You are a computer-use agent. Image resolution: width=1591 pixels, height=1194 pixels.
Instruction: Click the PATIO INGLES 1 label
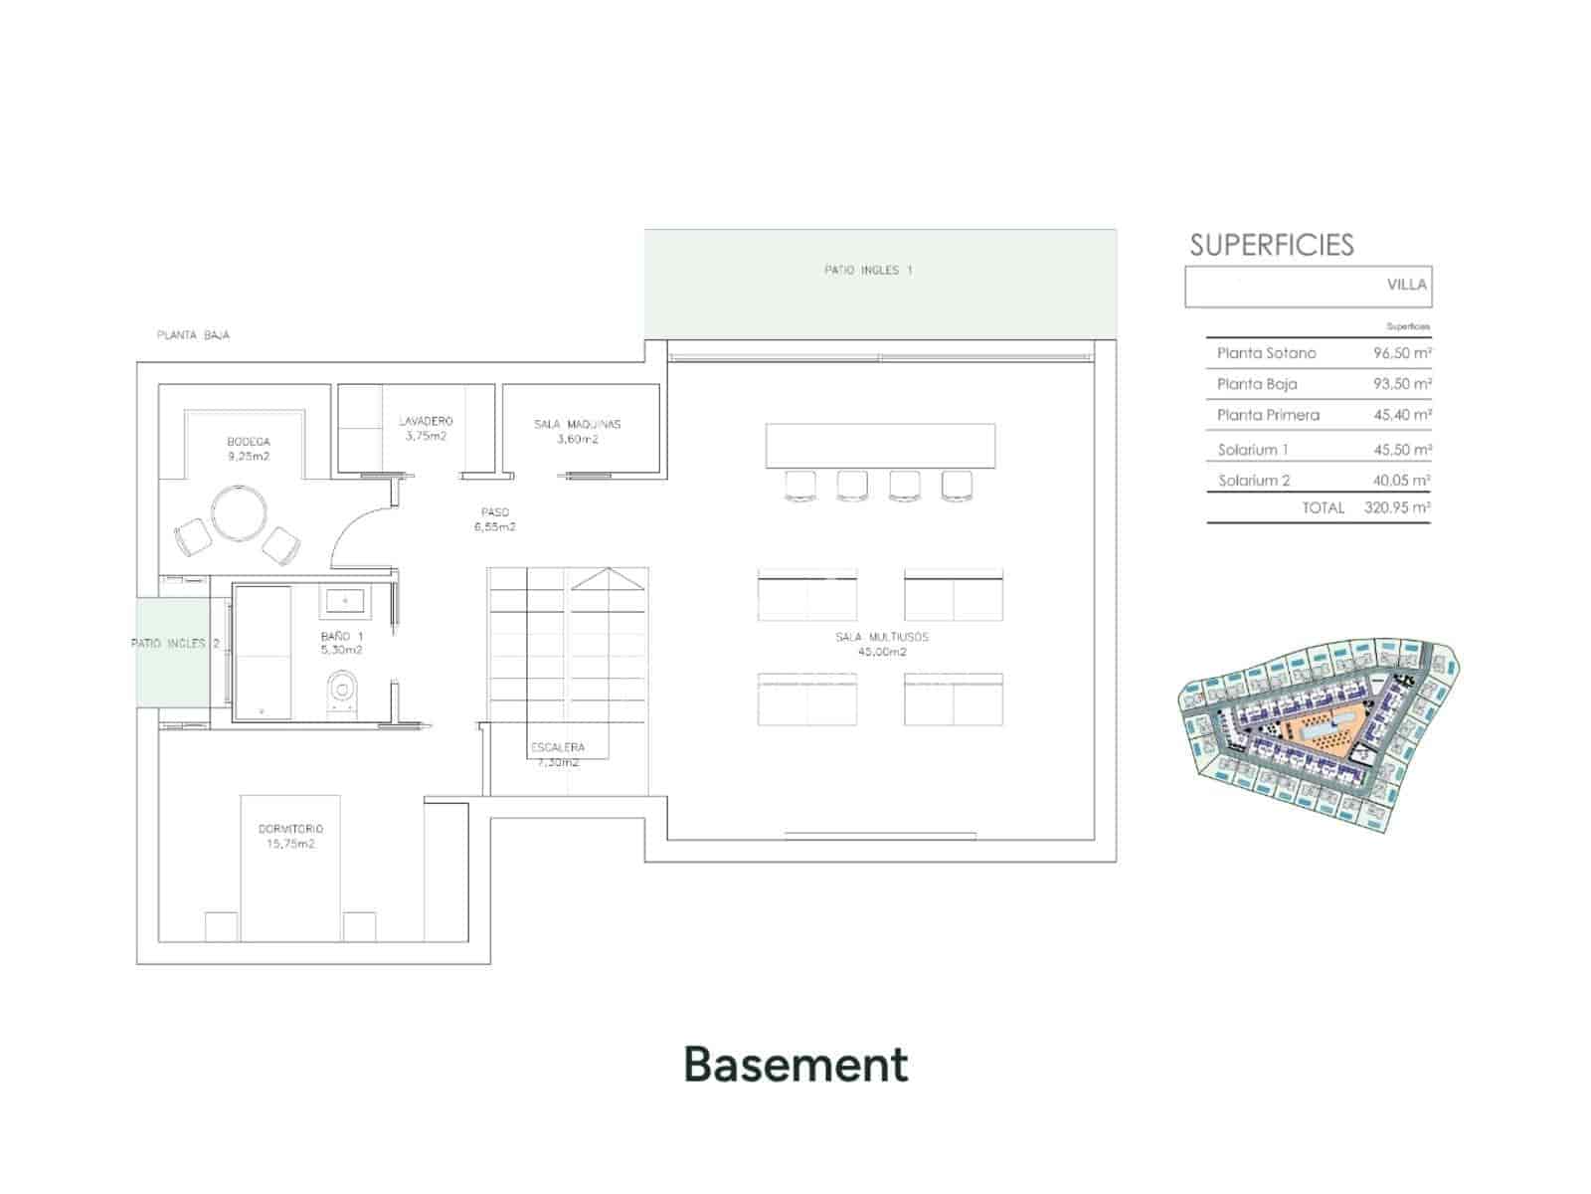[x=867, y=270]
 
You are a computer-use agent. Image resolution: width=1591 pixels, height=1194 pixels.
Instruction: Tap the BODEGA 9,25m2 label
[x=248, y=449]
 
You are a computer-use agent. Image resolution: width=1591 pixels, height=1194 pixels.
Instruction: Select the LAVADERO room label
[x=426, y=428]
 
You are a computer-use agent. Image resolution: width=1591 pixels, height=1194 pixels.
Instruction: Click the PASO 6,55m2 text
[x=494, y=519]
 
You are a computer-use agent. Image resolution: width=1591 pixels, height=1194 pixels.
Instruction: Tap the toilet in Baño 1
[x=342, y=690]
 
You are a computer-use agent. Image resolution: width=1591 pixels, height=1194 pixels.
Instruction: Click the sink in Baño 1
[x=345, y=601]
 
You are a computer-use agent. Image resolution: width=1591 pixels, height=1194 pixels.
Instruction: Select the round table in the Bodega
[x=239, y=513]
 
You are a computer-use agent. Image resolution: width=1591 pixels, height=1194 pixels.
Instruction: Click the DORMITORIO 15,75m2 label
[x=290, y=836]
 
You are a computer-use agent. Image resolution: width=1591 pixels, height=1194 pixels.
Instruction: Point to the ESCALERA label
[x=558, y=747]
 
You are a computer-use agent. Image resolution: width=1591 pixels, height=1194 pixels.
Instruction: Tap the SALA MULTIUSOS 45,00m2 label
[x=882, y=644]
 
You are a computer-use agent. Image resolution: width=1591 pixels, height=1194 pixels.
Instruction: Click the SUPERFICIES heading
[x=1272, y=245]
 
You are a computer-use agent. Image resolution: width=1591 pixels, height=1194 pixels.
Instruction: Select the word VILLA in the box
[x=1406, y=285]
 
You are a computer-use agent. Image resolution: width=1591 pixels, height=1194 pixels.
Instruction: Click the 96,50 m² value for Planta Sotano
[x=1402, y=353]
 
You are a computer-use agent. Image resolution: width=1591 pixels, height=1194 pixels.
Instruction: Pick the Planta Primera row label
[x=1268, y=415]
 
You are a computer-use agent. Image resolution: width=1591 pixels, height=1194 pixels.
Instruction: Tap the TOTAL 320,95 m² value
[x=1397, y=507]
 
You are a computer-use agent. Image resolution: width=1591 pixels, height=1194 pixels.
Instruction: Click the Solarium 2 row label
[x=1254, y=481]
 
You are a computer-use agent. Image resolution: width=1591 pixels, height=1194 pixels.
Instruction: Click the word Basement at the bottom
[x=795, y=1065]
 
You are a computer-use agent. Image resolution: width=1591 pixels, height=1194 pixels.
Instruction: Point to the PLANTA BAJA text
[x=193, y=335]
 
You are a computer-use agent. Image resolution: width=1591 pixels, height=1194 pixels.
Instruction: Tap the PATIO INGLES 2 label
[x=175, y=644]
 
